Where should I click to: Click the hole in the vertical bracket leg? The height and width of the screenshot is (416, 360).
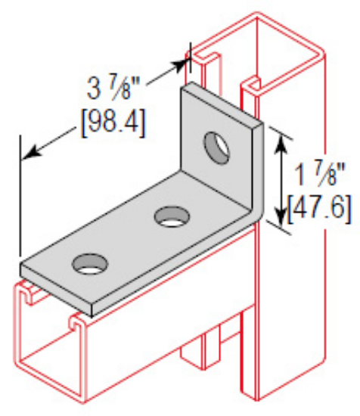coord(218,145)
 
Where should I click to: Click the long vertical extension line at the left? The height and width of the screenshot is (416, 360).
coord(20,197)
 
